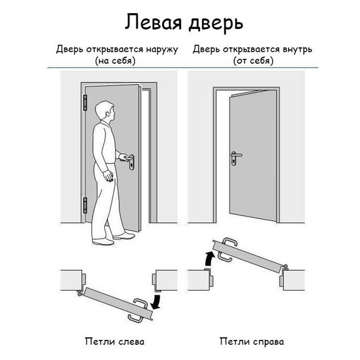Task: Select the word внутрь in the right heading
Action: pos(294,49)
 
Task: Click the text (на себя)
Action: pos(116,61)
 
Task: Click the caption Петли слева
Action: pos(114,342)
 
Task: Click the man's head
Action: pos(107,114)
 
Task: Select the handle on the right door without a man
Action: pos(235,156)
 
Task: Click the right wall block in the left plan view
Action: pos(165,279)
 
